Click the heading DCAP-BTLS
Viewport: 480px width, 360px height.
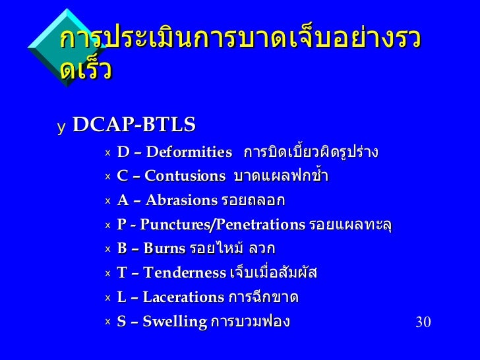click(x=134, y=124)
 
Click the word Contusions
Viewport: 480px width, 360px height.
click(x=185, y=176)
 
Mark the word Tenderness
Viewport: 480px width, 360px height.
click(x=185, y=273)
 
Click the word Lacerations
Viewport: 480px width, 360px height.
click(x=183, y=297)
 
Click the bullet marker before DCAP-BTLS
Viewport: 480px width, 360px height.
click(x=61, y=126)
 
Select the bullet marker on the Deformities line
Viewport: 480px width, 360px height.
click(x=107, y=153)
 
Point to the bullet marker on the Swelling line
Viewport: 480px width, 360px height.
click(x=107, y=322)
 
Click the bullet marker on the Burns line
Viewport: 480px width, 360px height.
click(x=107, y=249)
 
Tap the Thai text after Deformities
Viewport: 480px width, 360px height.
click(x=311, y=152)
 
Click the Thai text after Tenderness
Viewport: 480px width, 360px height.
click(x=272, y=272)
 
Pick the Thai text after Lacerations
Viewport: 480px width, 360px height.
click(x=263, y=297)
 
